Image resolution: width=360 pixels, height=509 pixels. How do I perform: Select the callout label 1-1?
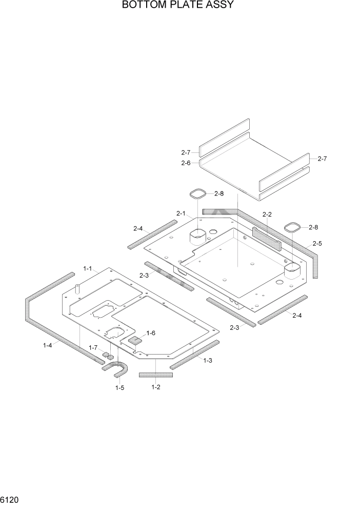[x=87, y=268]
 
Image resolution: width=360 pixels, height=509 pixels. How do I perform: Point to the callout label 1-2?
[x=156, y=387]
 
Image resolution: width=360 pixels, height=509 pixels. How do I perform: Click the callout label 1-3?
[x=208, y=361]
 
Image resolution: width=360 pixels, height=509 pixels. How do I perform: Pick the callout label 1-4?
[x=47, y=345]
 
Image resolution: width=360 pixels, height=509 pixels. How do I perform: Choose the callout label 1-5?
[x=119, y=387]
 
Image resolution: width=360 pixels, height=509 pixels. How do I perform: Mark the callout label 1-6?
[x=150, y=334]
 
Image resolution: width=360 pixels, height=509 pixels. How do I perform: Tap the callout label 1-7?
[x=93, y=348]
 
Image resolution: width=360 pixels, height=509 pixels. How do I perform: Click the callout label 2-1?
[x=181, y=213]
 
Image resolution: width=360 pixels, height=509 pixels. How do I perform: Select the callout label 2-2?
[x=267, y=214]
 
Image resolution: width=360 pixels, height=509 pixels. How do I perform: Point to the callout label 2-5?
[x=317, y=243]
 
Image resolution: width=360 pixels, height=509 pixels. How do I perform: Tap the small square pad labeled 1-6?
[x=135, y=340]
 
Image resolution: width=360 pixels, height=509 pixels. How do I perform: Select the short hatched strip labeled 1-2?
[x=156, y=375]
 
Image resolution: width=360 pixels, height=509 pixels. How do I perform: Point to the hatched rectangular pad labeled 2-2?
[x=266, y=238]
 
